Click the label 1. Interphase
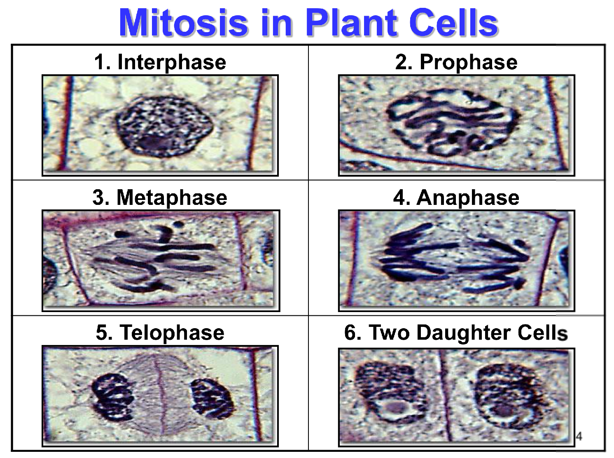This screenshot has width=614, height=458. click(x=160, y=62)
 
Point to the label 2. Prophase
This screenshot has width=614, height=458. click(x=456, y=62)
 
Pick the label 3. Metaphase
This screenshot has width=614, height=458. click(x=160, y=197)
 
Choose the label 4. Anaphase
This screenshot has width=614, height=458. click(x=456, y=197)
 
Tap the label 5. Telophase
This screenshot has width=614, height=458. click(x=160, y=333)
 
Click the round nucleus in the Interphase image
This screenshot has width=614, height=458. click(x=163, y=127)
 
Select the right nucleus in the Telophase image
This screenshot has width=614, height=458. click(x=211, y=399)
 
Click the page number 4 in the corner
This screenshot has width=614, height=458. click(x=579, y=436)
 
